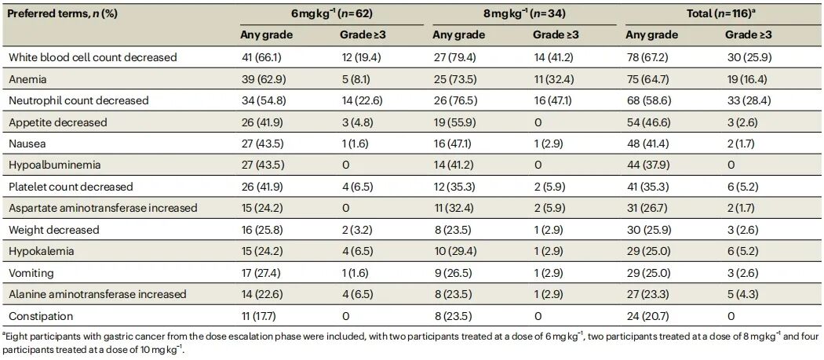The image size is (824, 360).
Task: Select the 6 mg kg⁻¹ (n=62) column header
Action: (331, 14)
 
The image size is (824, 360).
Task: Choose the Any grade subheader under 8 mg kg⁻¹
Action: (458, 35)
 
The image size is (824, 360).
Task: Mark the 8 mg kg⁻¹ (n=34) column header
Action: (524, 14)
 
